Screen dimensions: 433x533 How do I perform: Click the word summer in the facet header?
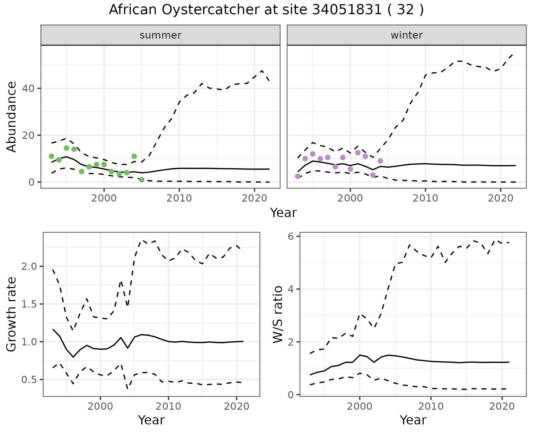[x=160, y=35]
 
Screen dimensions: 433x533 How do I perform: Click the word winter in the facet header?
[x=406, y=35]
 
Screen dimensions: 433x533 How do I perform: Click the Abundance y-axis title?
[x=12, y=117]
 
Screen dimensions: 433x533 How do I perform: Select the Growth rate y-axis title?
[x=12, y=314]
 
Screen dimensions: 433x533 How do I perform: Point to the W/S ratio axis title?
[x=278, y=314]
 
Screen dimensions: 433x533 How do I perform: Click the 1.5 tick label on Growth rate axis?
[x=29, y=304]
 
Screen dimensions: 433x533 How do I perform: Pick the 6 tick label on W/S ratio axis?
[x=290, y=236]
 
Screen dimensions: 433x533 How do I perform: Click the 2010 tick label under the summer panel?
[x=179, y=198]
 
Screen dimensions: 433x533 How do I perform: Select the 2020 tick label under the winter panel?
[x=501, y=198]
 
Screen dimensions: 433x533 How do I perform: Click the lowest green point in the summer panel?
[x=142, y=180]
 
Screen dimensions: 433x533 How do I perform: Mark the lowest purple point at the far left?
[x=298, y=176]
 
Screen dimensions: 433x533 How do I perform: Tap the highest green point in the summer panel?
[x=66, y=148]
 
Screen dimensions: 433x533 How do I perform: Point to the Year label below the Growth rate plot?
[x=151, y=420]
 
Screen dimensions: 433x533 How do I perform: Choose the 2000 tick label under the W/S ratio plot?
[x=359, y=407]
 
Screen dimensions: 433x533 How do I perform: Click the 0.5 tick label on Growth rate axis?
[x=29, y=379]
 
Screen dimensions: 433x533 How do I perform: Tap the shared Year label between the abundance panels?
[x=283, y=213]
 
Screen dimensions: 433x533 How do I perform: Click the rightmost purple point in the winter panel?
[x=380, y=161]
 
